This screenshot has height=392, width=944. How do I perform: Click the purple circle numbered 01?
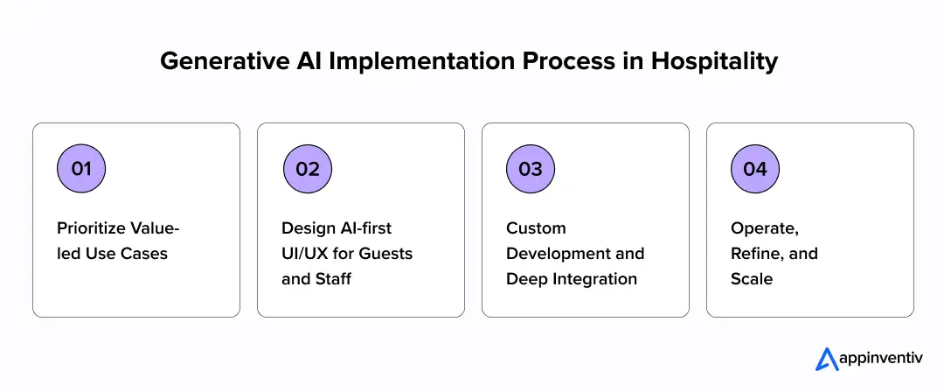click(x=81, y=169)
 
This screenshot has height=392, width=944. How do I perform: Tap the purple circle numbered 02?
click(x=308, y=169)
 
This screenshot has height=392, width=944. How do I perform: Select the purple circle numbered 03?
click(x=531, y=169)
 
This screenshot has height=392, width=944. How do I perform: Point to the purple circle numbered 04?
click(x=755, y=169)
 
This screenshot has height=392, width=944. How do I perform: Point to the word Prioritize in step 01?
click(x=91, y=228)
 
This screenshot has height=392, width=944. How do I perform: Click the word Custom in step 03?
click(x=536, y=228)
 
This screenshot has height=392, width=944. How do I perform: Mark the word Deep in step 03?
click(x=524, y=279)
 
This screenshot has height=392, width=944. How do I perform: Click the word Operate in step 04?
click(x=762, y=228)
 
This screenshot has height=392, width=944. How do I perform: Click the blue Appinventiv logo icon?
click(x=826, y=359)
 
